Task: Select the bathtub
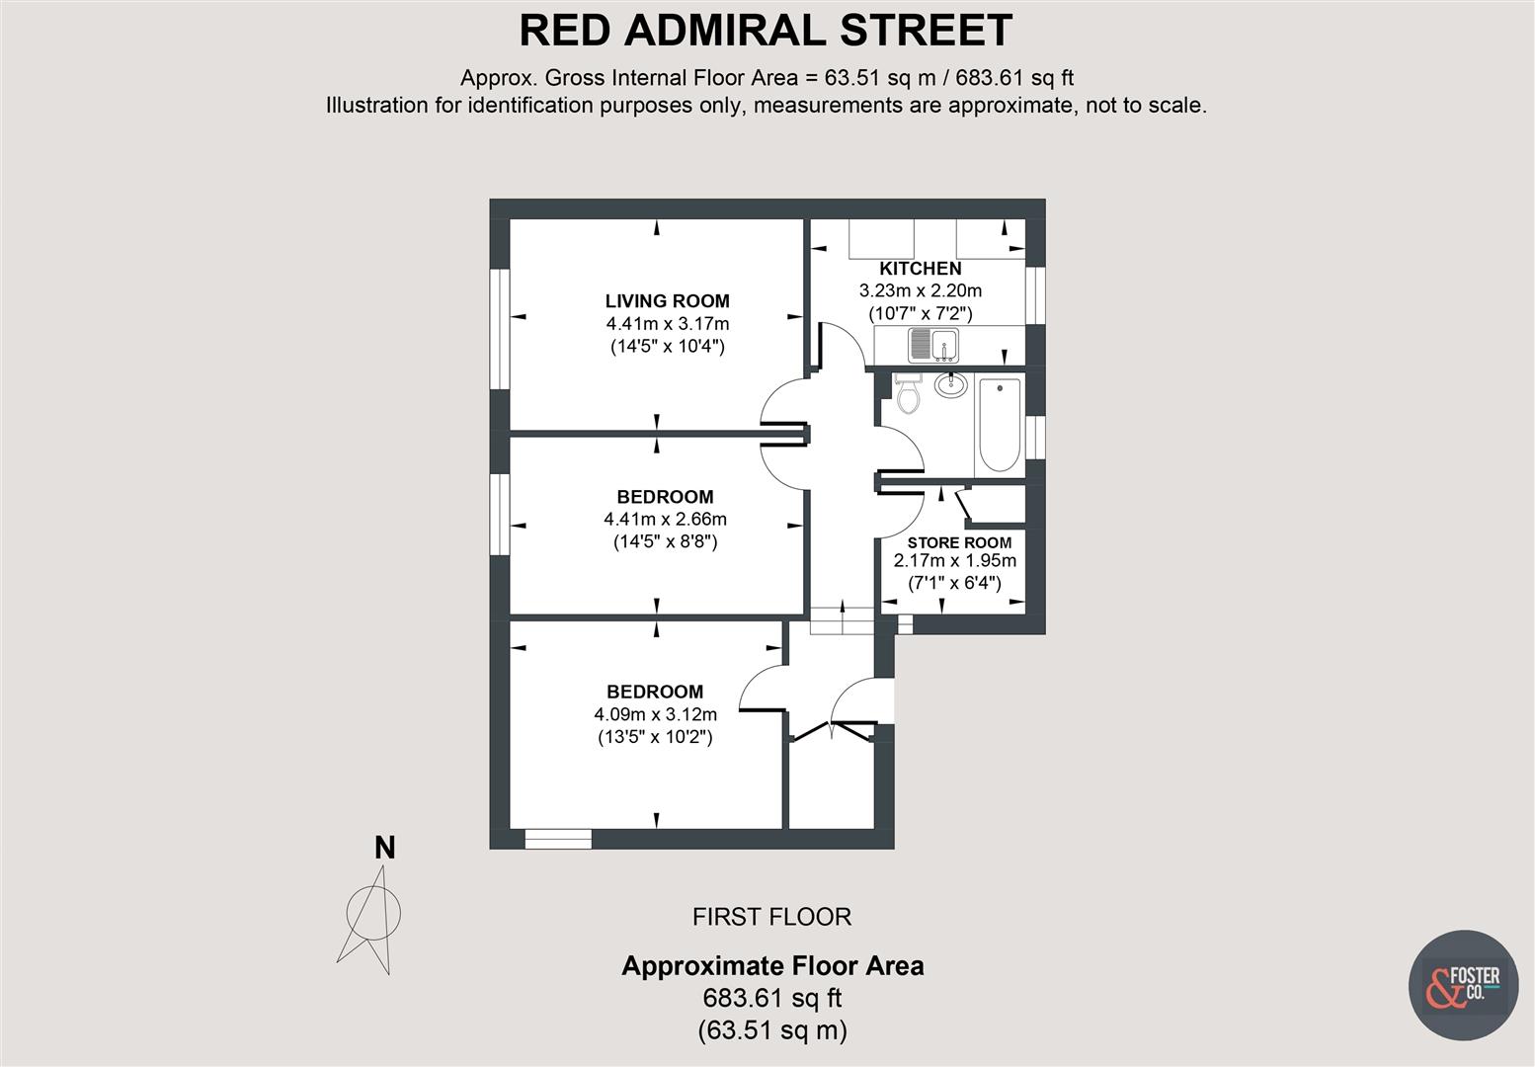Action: [998, 426]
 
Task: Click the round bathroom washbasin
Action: [950, 385]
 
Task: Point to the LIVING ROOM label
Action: [668, 301]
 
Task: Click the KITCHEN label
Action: [921, 269]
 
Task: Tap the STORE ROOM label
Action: [959, 542]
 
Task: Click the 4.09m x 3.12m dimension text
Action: [655, 714]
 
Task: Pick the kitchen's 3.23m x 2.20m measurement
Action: [921, 291]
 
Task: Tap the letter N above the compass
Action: [385, 848]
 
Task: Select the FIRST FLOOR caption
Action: [771, 917]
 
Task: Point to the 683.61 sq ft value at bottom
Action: [771, 998]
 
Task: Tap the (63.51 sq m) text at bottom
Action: [771, 1030]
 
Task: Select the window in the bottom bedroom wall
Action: [558, 839]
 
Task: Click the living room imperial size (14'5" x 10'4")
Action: [668, 347]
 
